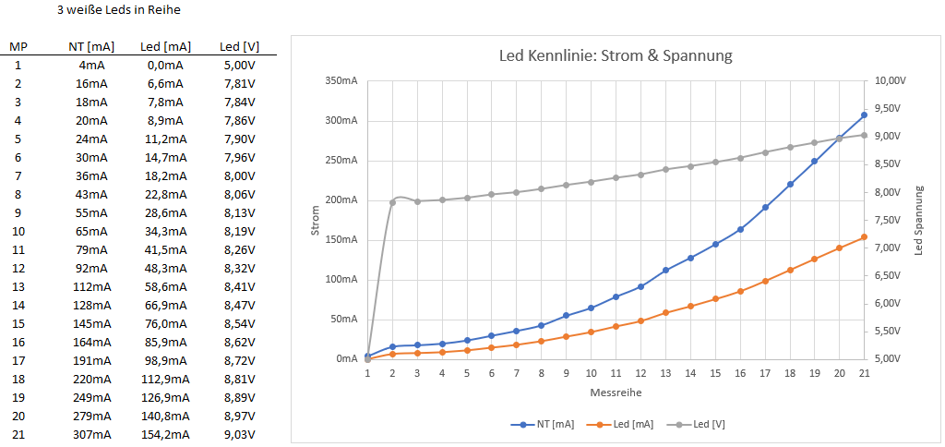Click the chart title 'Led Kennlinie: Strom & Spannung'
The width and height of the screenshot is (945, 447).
coord(615,55)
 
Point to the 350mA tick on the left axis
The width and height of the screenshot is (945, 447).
coord(341,81)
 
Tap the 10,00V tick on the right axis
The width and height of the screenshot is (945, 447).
coord(891,81)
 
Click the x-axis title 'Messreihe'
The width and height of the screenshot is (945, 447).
coord(616,392)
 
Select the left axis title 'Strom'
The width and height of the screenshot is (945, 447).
coord(315,220)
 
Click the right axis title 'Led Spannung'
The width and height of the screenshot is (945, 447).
coord(918,220)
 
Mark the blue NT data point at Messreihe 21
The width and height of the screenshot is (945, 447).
coord(864,115)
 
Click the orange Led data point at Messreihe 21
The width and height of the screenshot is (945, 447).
coord(864,237)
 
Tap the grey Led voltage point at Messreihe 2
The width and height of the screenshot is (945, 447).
coord(392,202)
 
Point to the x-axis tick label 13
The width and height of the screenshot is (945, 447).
coord(665,373)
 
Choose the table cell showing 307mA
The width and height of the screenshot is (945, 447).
coord(91,434)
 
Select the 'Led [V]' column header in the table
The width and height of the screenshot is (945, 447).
coord(239,46)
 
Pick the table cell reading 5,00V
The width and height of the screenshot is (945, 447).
coord(239,65)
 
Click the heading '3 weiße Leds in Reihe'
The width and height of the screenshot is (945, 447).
coord(117,11)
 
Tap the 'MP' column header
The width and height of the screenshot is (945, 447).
coord(18,46)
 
